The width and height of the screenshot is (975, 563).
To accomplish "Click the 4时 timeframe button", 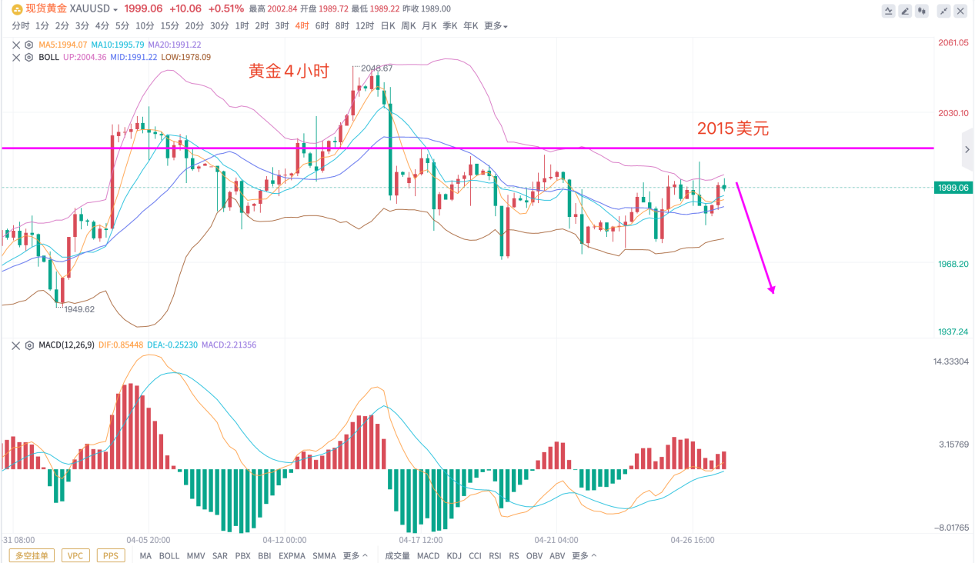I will pos(302,25).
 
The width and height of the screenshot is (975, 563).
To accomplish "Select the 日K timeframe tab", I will pos(387,25).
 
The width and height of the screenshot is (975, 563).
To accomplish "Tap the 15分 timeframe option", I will pos(169,25).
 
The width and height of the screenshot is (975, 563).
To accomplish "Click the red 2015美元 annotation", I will pos(733,129).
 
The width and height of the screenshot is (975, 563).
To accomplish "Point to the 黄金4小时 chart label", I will pos(289,72).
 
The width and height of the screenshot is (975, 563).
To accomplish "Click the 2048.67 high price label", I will pos(376,68).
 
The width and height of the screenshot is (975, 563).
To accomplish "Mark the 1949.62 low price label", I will pos(78,309).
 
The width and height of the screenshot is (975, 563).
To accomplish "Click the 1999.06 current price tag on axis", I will pos(952,188).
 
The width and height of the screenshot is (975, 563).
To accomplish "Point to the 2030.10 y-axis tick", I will pos(952,113).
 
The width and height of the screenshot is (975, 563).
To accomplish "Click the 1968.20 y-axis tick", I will pos(952,264).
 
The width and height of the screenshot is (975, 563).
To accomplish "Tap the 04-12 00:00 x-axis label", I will pos(285,540).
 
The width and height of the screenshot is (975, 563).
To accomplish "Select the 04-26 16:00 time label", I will pos(693,540).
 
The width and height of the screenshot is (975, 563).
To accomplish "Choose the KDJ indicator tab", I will pos(454,555).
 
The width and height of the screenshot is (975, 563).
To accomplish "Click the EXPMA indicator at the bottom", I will pos(292,555).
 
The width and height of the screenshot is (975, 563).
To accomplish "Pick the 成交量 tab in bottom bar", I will pos(397,555).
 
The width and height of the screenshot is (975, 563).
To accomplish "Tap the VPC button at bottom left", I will pos(75,555).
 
